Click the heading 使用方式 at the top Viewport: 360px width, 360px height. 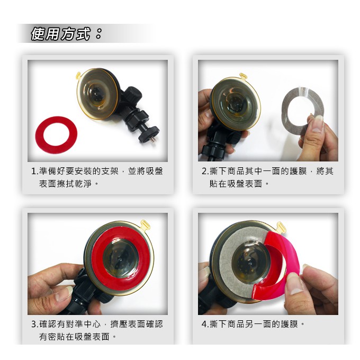(60, 35)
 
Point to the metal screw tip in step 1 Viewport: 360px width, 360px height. (151, 142)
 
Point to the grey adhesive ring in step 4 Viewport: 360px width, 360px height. (226, 265)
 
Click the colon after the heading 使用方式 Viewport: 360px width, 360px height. (98, 35)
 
